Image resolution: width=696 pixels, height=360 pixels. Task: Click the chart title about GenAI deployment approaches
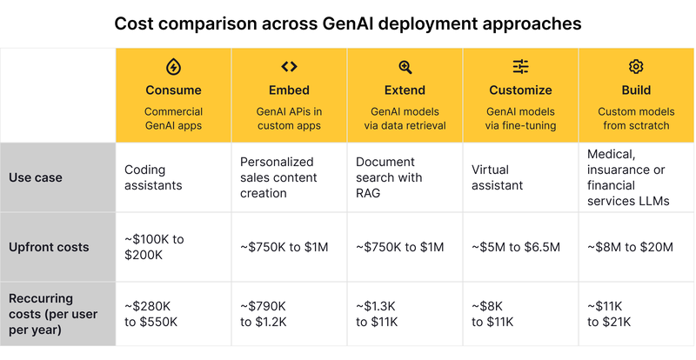348,23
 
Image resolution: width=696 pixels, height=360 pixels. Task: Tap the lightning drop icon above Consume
173,67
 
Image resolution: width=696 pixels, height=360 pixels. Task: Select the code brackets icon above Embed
289,67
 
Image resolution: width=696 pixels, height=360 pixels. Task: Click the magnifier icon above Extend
405,67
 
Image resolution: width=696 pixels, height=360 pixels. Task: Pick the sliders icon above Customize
520,67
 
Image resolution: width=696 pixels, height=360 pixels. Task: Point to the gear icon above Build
636,67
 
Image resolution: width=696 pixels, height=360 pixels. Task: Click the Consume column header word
173,90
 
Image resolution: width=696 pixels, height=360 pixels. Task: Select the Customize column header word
520,90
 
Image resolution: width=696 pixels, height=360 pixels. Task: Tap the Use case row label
34,177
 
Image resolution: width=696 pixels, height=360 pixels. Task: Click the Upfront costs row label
49,247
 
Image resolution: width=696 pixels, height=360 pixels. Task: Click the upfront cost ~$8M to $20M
631,247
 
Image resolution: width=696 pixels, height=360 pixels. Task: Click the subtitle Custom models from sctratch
636,118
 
